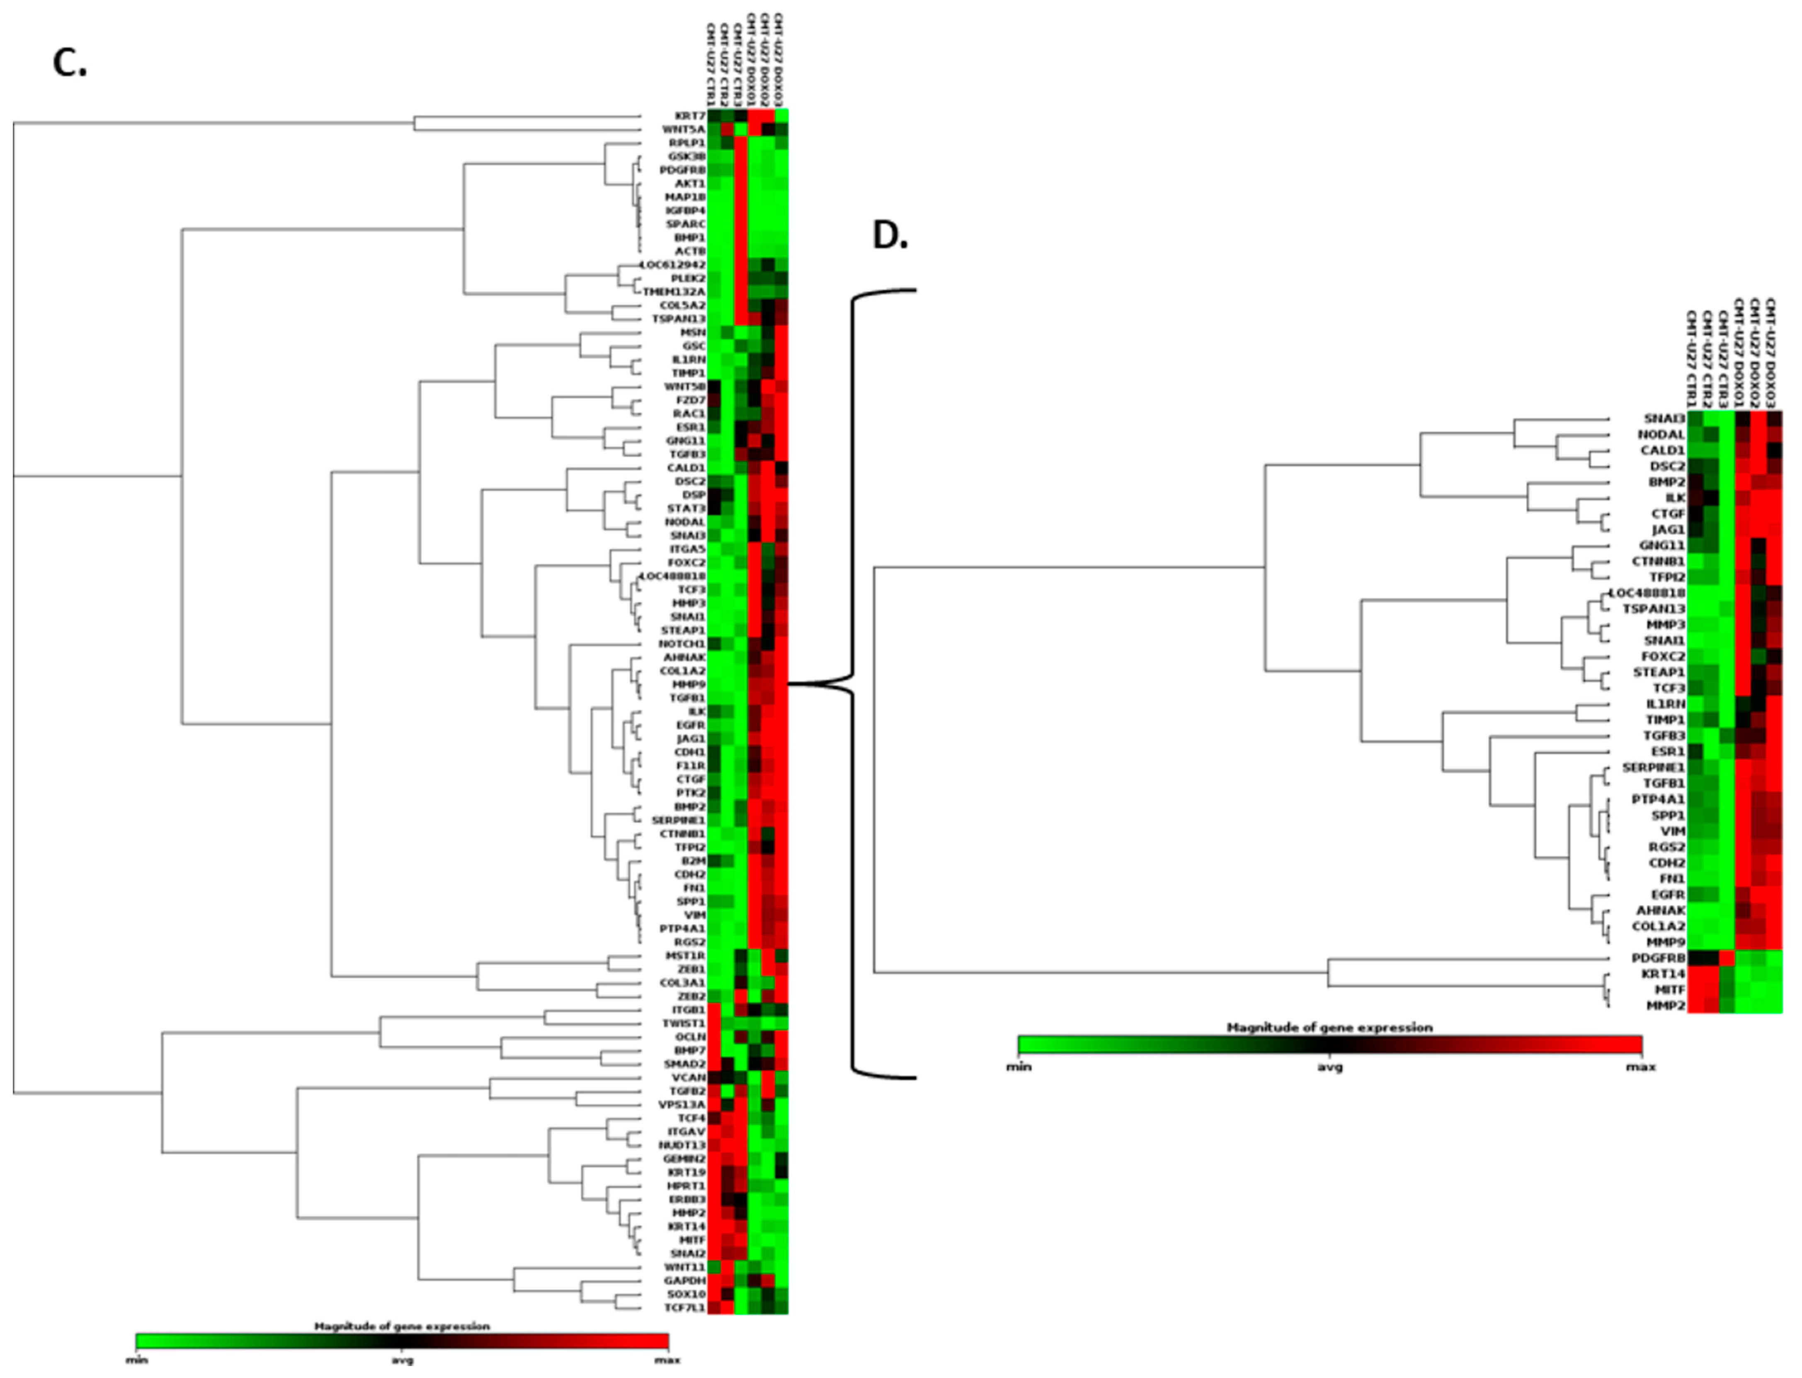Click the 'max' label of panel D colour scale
[1640, 1067]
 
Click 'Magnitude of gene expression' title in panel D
[1329, 1027]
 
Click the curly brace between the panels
[853, 683]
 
